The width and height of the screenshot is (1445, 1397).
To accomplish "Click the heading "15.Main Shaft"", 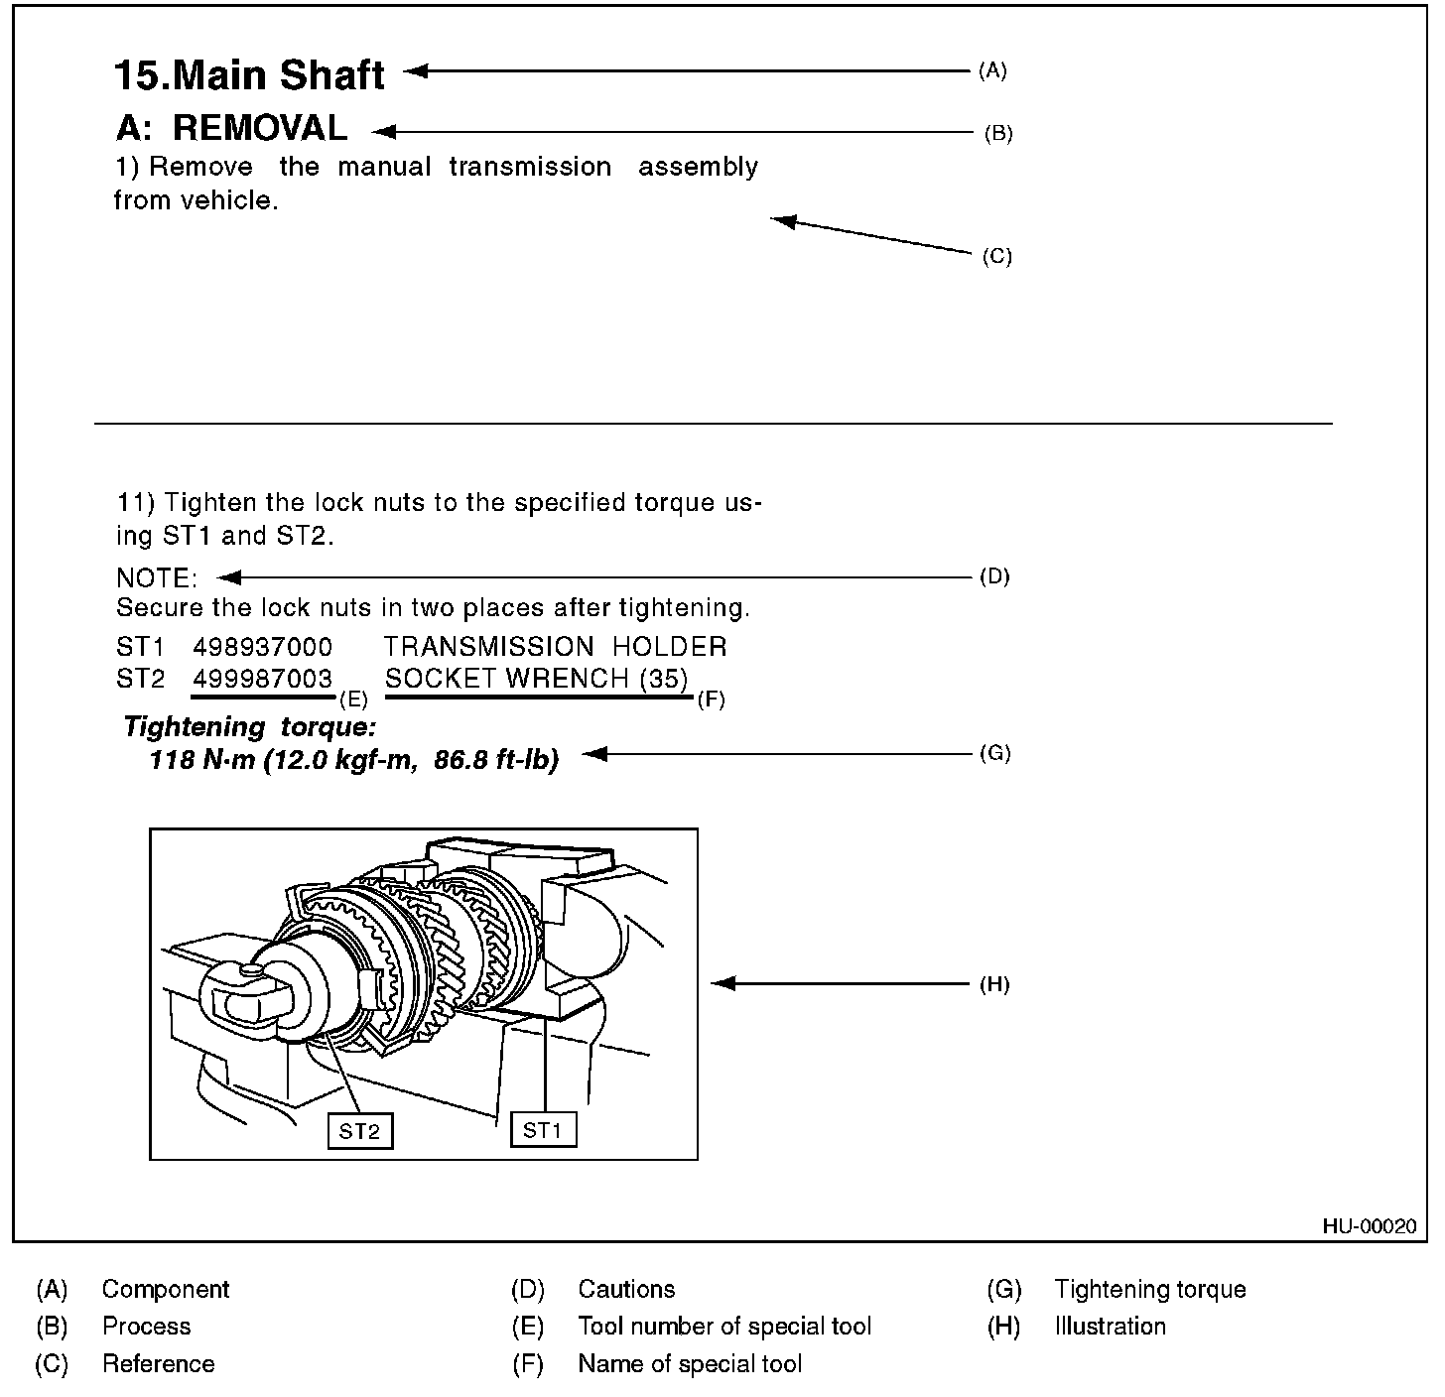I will [x=249, y=75].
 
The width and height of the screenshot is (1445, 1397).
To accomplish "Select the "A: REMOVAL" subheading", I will [x=231, y=129].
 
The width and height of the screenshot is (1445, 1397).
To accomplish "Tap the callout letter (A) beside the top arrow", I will [x=992, y=70].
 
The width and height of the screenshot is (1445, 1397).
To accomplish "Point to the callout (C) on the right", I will [x=996, y=256].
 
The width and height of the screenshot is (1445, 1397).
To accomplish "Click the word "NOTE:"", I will [x=157, y=577].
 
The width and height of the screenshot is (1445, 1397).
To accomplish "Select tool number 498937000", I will [x=263, y=647].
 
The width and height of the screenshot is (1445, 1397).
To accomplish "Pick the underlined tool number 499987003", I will [x=263, y=679].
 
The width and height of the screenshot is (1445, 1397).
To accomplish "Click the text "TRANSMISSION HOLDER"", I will [x=555, y=647].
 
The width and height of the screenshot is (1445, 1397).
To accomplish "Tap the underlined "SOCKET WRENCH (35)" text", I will [x=536, y=679].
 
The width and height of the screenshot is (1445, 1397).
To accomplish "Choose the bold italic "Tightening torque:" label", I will [x=250, y=727].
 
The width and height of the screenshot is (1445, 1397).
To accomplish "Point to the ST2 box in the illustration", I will [x=359, y=1131].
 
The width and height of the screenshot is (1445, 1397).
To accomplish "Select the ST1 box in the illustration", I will [x=543, y=1129].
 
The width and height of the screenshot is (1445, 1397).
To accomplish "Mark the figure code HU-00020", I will [x=1369, y=1226].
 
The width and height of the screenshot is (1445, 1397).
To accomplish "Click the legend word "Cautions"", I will [x=626, y=1289].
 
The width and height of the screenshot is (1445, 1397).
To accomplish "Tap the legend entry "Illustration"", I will [x=1110, y=1327].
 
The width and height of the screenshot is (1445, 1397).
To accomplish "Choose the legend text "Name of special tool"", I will [x=690, y=1364].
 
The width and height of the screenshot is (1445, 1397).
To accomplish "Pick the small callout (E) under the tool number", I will [x=354, y=698].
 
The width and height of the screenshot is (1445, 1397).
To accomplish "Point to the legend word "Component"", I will [x=165, y=1289].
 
